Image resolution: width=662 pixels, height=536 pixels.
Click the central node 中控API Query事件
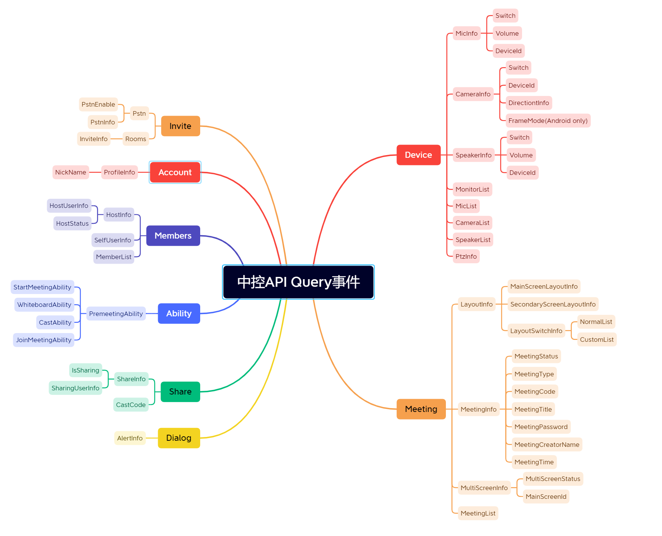click(298, 282)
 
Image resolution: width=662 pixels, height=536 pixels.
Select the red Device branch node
click(419, 155)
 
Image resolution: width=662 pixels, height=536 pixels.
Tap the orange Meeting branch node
click(421, 409)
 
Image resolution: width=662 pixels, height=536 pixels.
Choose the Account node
click(175, 172)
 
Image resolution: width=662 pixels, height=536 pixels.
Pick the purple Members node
click(173, 236)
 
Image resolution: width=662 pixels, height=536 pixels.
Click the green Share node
click(180, 391)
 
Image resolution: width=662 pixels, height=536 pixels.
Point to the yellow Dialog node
click(179, 438)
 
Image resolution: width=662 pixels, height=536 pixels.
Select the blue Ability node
click(179, 313)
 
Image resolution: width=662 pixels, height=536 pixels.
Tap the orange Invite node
click(180, 126)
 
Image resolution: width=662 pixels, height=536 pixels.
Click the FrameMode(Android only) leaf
click(548, 121)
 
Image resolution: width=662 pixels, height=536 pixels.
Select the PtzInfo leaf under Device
click(466, 256)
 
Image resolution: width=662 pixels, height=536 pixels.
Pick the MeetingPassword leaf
click(541, 427)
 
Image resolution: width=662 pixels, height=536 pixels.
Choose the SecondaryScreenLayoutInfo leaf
click(553, 304)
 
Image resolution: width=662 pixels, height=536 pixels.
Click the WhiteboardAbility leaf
click(44, 305)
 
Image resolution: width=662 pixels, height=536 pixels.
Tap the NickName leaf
click(71, 172)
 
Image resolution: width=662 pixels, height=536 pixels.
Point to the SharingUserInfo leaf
click(75, 388)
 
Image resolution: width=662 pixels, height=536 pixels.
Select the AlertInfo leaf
click(130, 438)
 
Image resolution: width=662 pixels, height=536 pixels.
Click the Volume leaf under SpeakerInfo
click(521, 155)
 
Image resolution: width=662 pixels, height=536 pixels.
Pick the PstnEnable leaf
click(98, 104)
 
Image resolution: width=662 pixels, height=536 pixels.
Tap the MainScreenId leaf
click(546, 497)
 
